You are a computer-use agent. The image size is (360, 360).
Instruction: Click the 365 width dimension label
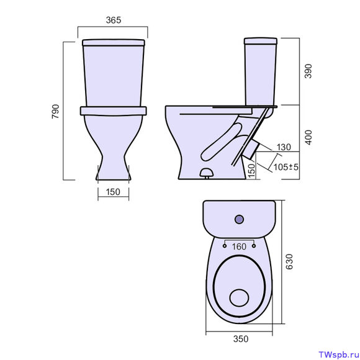click(x=114, y=20)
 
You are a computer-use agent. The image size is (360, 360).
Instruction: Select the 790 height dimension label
click(x=56, y=112)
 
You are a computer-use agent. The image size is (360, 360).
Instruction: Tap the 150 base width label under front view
click(x=113, y=192)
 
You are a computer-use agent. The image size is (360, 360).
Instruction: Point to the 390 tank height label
click(x=308, y=71)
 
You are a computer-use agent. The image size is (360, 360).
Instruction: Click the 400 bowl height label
click(x=309, y=137)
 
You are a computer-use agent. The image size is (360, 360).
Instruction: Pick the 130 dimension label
click(x=284, y=147)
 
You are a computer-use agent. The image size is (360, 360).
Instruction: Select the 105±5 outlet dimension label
click(x=286, y=167)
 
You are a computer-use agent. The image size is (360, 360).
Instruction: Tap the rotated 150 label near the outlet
click(x=251, y=171)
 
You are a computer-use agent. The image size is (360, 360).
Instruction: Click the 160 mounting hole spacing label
click(x=239, y=247)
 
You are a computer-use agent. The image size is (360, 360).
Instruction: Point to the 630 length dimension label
click(x=290, y=261)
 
